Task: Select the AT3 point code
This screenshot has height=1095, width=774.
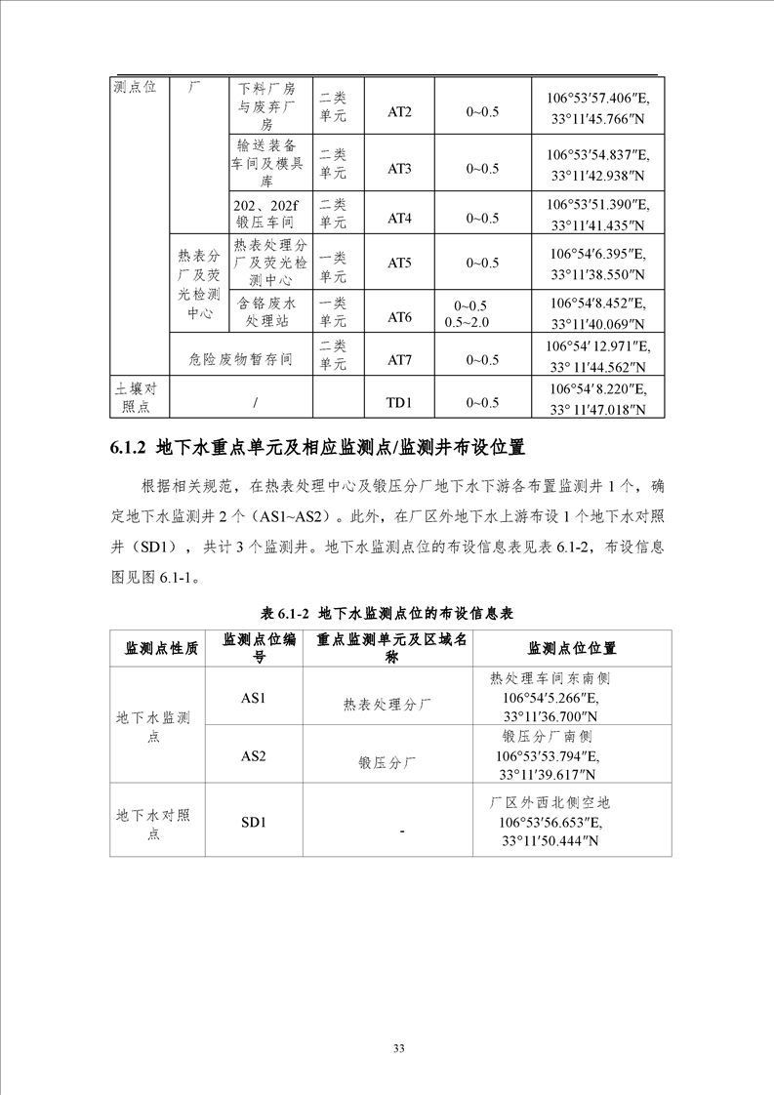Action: (400, 169)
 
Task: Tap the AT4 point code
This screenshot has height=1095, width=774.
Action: (400, 218)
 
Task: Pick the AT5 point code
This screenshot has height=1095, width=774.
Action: (400, 263)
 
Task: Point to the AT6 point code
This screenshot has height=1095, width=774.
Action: (400, 317)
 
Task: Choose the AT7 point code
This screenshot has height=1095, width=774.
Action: (400, 360)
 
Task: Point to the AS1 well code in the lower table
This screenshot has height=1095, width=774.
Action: (254, 697)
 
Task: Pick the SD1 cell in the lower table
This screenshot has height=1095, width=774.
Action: (254, 822)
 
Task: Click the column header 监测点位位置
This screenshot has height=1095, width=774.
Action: (572, 649)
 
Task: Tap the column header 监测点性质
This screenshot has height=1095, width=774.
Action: (161, 649)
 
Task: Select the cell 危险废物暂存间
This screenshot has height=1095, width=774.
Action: (240, 360)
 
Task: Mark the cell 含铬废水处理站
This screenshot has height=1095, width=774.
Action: (270, 311)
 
